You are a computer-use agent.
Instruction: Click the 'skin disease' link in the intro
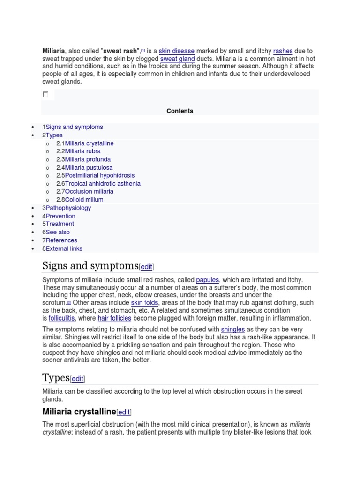(177, 51)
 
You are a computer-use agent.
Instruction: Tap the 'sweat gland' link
(178, 59)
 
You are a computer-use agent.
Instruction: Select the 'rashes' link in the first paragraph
(283, 51)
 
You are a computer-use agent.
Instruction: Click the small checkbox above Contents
(45, 94)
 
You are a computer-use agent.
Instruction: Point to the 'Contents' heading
(180, 111)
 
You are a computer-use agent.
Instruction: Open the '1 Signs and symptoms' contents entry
(73, 127)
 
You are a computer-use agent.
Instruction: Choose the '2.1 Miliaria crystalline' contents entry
(85, 143)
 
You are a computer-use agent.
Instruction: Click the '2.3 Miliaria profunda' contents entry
(83, 159)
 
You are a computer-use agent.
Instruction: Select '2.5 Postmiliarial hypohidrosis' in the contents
(95, 175)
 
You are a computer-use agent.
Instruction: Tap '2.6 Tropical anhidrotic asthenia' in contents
(98, 183)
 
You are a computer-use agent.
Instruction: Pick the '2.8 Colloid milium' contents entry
(80, 200)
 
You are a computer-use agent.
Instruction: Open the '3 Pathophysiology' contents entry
(67, 208)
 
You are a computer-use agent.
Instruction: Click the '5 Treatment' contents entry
(58, 224)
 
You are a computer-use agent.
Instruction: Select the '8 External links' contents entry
(62, 248)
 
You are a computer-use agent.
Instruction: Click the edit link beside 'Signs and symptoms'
(146, 267)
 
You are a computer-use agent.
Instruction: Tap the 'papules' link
(207, 280)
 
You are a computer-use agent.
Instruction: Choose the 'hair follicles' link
(114, 318)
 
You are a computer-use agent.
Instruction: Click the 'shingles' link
(233, 330)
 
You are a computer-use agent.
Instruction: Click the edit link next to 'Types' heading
(77, 379)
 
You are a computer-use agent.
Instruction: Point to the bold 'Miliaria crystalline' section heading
(79, 412)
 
